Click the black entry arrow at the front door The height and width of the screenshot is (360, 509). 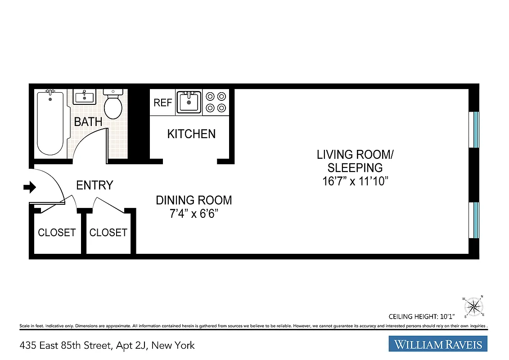tap(29, 187)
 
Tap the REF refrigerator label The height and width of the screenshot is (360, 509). tap(162, 103)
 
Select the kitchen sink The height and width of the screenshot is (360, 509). tap(189, 102)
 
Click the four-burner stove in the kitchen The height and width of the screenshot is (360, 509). tap(216, 102)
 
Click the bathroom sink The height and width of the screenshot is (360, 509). tap(84, 97)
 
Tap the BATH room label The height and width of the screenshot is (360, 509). tap(88, 122)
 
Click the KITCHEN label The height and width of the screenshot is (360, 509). tap(191, 134)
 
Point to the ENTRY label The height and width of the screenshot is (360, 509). tap(95, 185)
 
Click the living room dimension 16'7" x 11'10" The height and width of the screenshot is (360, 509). tap(355, 181)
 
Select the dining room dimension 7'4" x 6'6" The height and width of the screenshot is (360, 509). tap(194, 214)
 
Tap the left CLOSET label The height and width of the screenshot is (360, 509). tap(57, 233)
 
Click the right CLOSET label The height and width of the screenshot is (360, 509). tap(108, 233)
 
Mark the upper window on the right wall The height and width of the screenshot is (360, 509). tap(475, 130)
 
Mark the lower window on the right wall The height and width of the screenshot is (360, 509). tap(475, 220)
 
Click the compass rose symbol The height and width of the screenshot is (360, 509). tap(473, 307)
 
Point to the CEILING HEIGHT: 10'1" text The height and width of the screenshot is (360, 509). tap(422, 316)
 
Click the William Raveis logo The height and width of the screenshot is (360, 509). tap(438, 345)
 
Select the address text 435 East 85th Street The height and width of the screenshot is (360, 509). tap(65, 345)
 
